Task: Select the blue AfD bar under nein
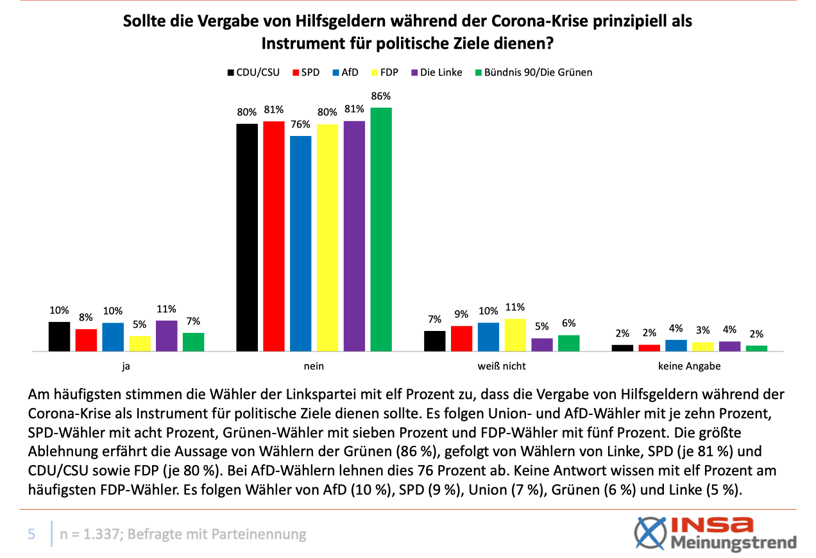300,243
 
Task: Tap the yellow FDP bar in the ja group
140,343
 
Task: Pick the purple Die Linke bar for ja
167,335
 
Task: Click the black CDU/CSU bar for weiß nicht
435,341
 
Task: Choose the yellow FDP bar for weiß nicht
515,335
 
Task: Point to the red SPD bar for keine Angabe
649,348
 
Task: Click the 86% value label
381,96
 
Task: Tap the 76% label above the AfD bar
301,124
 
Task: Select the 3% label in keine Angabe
703,330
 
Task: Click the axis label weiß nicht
502,367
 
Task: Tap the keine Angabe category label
690,367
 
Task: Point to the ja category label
126,367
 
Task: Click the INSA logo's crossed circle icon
649,534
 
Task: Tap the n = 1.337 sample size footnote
183,534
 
